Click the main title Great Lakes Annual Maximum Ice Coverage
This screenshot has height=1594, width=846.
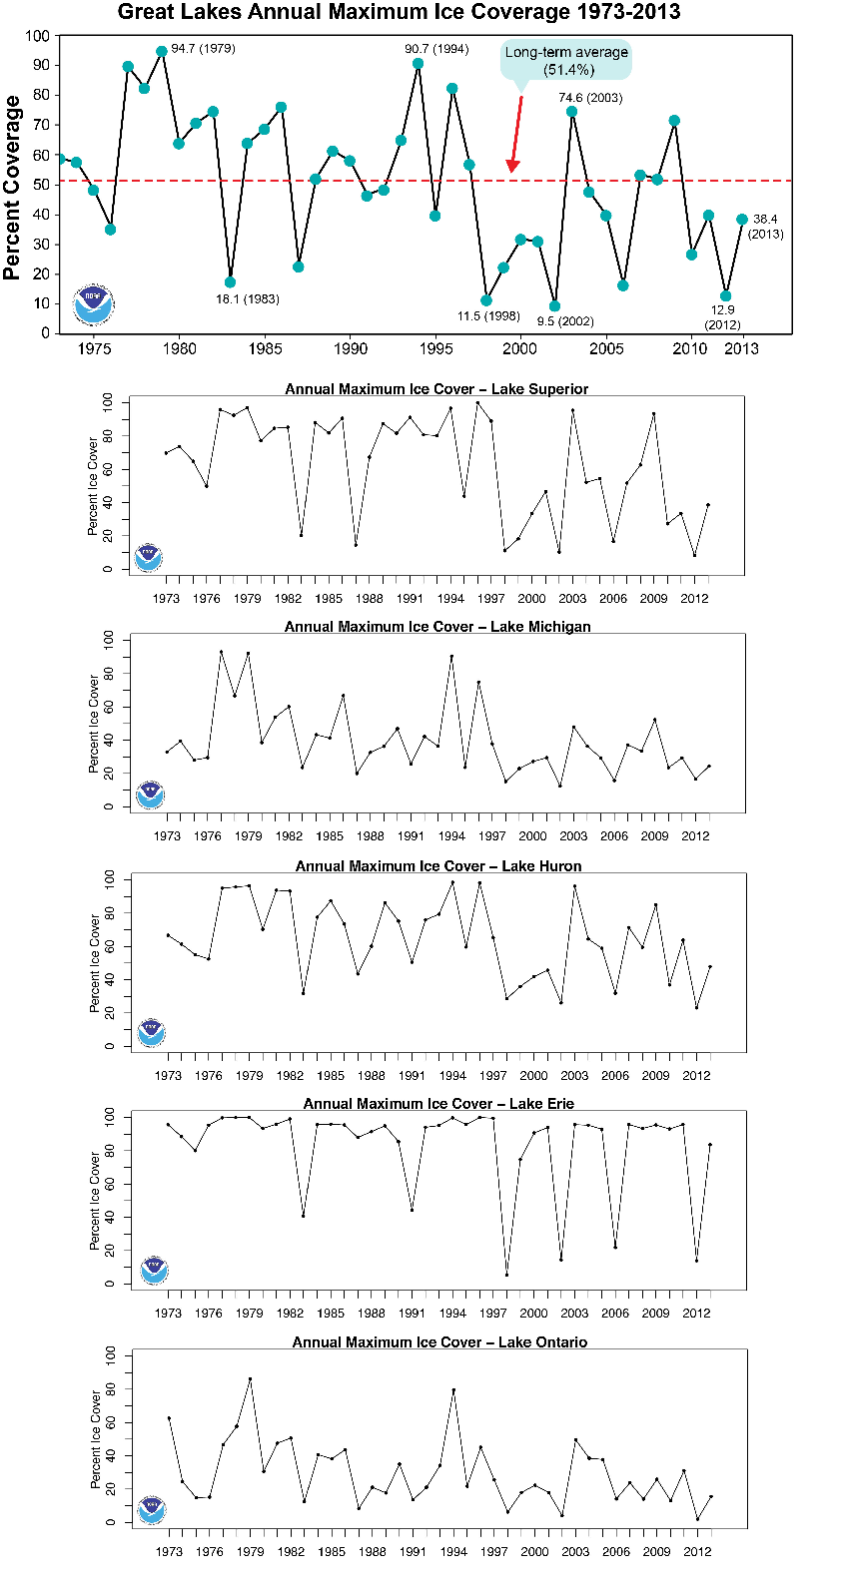[x=399, y=12]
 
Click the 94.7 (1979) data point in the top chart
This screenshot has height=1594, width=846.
[x=162, y=51]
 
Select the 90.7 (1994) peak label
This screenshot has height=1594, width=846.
[x=436, y=49]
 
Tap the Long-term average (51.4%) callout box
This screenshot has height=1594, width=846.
[x=566, y=61]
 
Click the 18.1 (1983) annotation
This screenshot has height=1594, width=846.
[x=248, y=299]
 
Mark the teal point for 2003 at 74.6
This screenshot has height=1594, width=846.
[x=571, y=112]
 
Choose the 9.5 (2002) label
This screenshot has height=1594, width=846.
[x=565, y=321]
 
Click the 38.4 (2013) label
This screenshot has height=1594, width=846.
[x=766, y=227]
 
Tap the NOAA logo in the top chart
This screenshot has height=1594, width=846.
[x=93, y=304]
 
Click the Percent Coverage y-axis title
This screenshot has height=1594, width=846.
[x=12, y=187]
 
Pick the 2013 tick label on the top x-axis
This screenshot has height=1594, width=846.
[x=741, y=349]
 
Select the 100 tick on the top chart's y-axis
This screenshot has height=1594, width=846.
[x=37, y=36]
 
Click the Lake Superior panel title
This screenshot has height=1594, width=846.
[x=436, y=389]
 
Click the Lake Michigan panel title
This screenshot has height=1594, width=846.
[x=437, y=627]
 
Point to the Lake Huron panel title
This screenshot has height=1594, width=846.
[x=438, y=866]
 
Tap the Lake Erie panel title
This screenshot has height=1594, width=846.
[x=438, y=1104]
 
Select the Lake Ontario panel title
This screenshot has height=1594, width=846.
[x=439, y=1342]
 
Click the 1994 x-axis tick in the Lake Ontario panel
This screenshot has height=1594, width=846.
[x=453, y=1552]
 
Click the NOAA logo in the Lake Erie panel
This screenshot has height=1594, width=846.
[x=153, y=1270]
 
